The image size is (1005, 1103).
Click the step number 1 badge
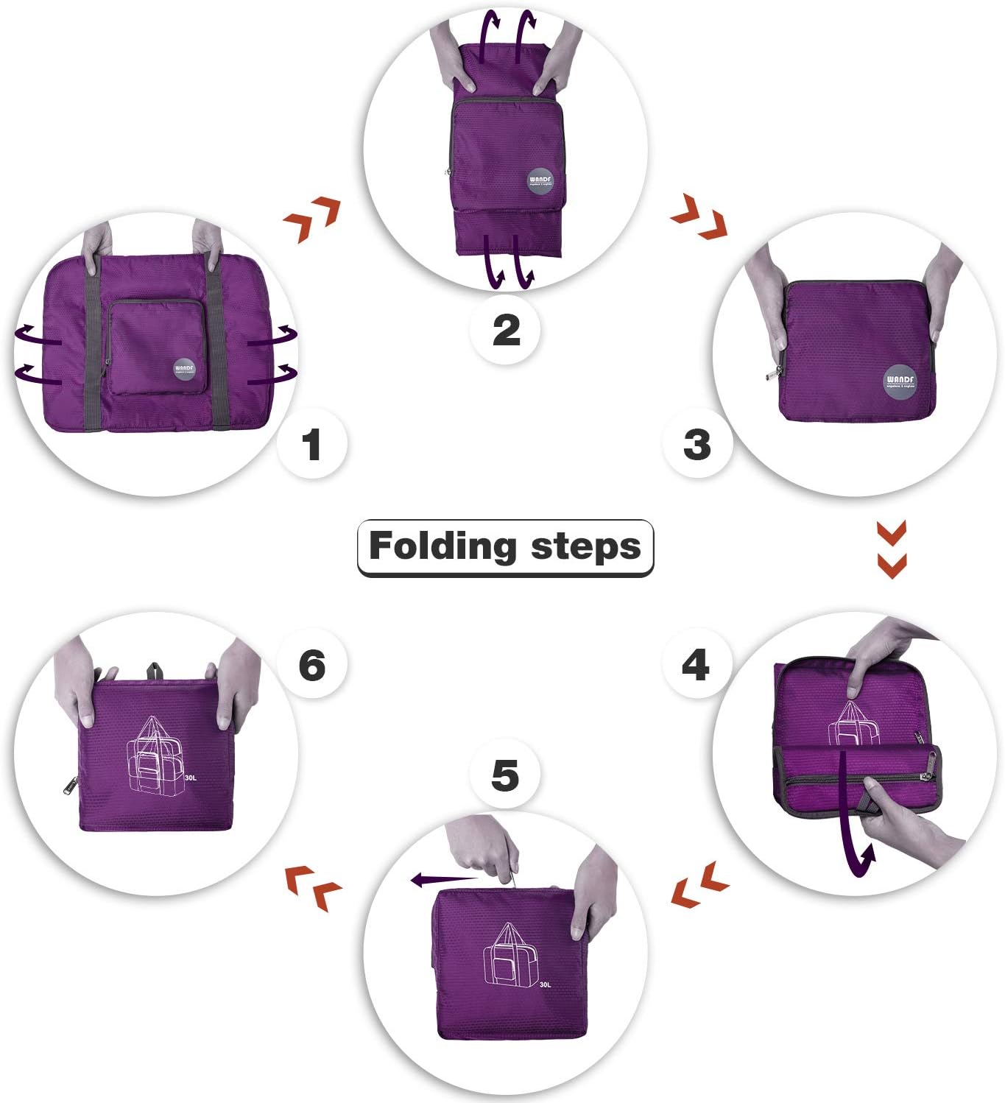click(x=311, y=445)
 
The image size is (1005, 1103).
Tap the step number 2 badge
click(x=506, y=329)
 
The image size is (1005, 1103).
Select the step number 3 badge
click(x=697, y=444)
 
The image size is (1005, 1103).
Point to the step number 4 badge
click(x=696, y=665)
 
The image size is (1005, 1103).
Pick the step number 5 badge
click(x=505, y=776)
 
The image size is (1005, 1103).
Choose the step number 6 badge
click(x=311, y=665)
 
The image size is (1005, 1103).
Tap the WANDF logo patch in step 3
click(x=900, y=381)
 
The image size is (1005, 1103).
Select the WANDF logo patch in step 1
click(x=184, y=370)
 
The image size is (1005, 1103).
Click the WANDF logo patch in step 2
click(x=540, y=181)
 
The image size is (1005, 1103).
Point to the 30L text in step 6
click(x=191, y=778)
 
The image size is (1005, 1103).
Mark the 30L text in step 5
click(x=545, y=984)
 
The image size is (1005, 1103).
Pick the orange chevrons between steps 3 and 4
click(x=892, y=549)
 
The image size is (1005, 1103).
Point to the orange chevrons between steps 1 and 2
click(x=312, y=219)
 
